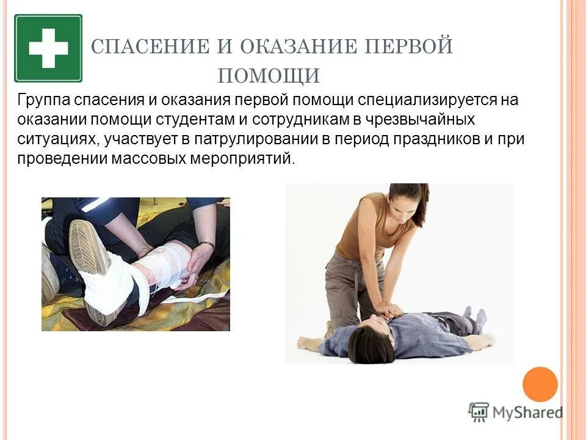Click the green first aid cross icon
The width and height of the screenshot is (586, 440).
click(48, 48)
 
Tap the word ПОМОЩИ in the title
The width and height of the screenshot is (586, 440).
click(269, 76)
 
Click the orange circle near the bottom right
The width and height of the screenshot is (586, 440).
click(540, 384)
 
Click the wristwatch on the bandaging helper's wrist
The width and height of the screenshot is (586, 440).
click(206, 245)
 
